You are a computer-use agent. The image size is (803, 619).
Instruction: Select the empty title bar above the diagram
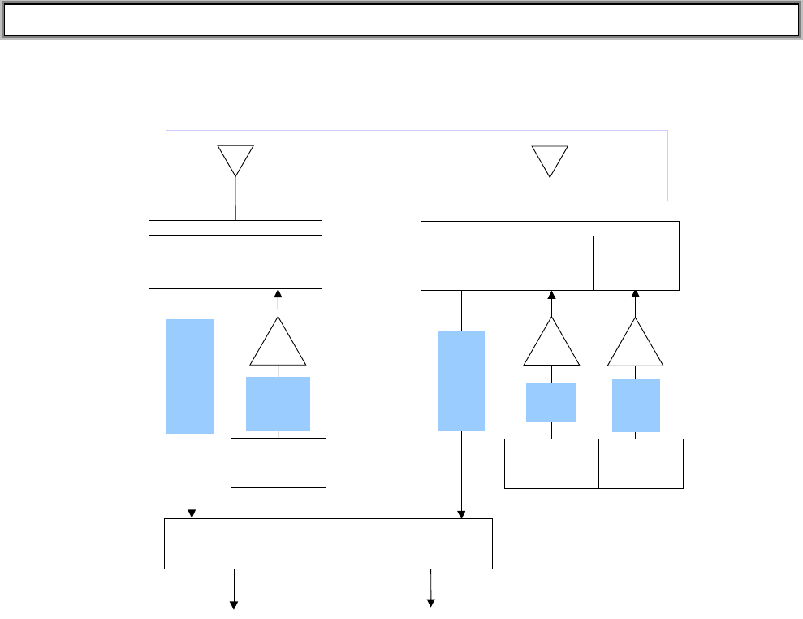pos(401,21)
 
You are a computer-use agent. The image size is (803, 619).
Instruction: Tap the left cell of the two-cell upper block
pos(192,262)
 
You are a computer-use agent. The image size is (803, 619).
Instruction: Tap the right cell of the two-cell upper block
pos(278,262)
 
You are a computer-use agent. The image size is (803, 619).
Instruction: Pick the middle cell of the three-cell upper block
pos(550,262)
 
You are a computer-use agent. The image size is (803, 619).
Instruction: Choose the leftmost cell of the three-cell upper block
pos(464,262)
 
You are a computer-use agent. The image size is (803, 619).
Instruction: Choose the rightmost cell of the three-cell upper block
pos(636,262)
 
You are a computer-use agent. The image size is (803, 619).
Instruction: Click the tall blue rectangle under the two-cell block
pos(190,376)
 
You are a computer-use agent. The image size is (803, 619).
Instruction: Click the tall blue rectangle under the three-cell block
pos(461,380)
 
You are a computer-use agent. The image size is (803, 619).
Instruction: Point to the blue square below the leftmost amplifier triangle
pos(278,403)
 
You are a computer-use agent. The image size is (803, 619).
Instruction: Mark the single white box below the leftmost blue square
pos(278,463)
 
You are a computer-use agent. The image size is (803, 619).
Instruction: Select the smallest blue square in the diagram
pos(551,402)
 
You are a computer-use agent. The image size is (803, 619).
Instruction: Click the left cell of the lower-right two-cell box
pos(551,463)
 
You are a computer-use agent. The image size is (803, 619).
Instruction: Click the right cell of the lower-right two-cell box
pos(641,463)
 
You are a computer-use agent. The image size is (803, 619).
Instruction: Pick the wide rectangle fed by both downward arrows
pos(328,543)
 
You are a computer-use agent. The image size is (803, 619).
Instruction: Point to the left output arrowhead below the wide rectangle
pos(235,604)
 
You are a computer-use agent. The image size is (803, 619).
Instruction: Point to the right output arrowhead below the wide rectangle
pos(431,603)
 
